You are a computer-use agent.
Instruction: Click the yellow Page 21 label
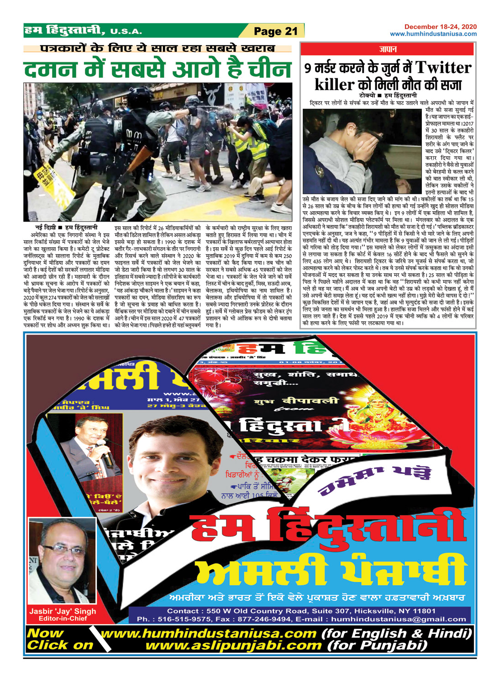pos(275,31)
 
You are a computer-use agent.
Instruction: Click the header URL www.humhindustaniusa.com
pos(433,34)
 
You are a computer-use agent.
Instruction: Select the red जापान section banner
pos(388,49)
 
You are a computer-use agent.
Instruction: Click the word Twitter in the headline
pos(443,68)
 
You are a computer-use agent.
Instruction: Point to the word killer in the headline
pos(334,85)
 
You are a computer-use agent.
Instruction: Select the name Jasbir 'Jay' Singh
pos(63,611)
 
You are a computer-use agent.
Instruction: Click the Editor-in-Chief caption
pos(63,619)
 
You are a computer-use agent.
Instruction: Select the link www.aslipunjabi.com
pos(233,645)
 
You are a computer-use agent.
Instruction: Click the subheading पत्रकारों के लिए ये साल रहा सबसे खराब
pos(158,48)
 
